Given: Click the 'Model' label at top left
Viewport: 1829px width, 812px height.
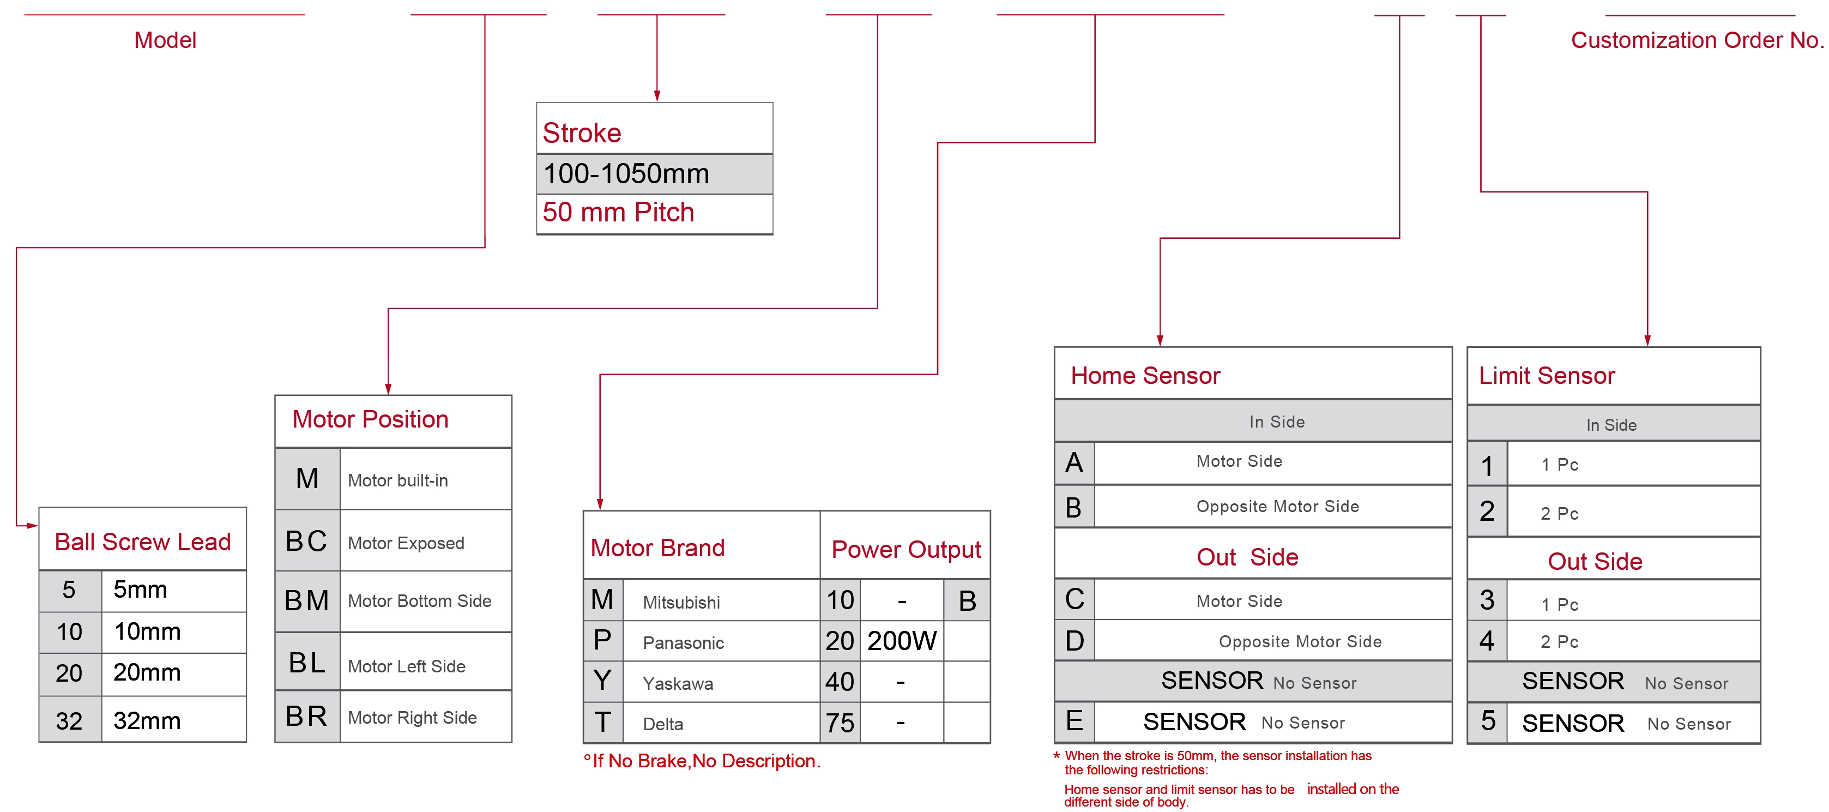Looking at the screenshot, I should point(165,40).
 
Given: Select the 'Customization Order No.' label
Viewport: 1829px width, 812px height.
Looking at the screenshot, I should point(1696,40).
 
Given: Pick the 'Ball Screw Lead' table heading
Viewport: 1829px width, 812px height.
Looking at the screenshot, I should point(143,542).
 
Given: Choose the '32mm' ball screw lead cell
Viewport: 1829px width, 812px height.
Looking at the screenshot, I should point(147,721).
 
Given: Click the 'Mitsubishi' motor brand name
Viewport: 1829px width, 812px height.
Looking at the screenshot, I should point(681,603).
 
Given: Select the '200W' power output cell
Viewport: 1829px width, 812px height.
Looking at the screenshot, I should point(902,641).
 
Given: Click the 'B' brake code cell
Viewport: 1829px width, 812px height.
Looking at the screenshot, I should point(967,601).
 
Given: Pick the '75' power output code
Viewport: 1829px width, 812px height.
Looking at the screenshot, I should point(840,723).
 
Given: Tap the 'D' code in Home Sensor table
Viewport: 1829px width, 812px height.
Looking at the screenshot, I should point(1075,641).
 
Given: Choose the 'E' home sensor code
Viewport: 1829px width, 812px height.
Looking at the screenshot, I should point(1075,721).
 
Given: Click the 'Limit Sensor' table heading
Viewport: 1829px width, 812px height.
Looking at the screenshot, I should point(1547,375).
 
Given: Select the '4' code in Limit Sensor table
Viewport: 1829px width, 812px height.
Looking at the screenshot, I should point(1487,641).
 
